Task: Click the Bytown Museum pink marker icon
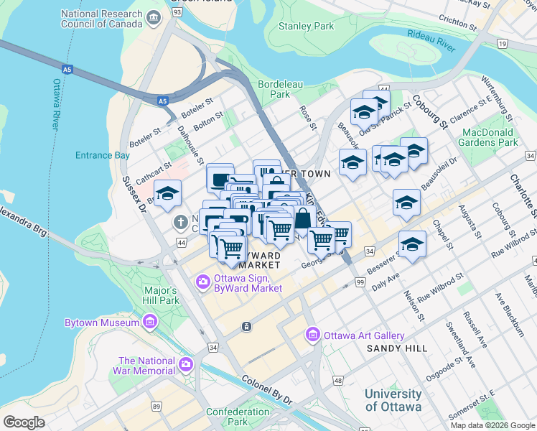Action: [150, 323]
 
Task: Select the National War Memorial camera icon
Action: [186, 365]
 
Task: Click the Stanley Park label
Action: [307, 27]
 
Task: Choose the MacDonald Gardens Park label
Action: [490, 137]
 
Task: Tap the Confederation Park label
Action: [236, 417]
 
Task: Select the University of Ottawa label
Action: [393, 400]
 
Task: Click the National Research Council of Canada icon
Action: [153, 17]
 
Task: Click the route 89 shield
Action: [157, 407]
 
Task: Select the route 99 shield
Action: [360, 284]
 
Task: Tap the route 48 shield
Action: [337, 384]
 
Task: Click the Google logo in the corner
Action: [24, 422]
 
